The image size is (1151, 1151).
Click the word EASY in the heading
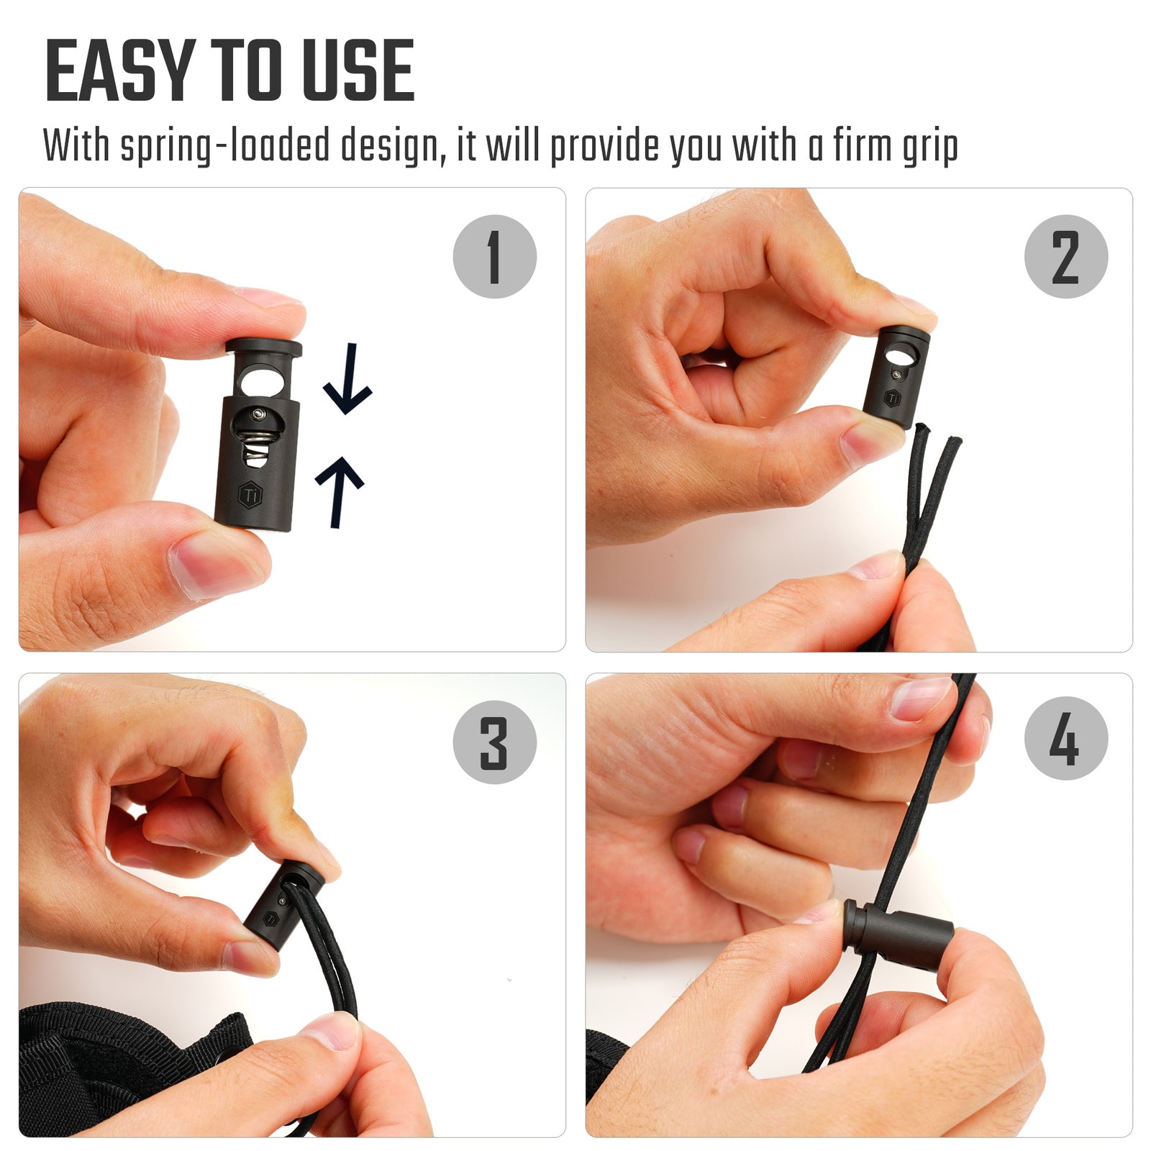tap(119, 71)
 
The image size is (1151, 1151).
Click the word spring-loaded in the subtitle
tap(225, 146)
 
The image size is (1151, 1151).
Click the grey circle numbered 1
tap(494, 257)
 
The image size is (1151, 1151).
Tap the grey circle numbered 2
tap(1065, 257)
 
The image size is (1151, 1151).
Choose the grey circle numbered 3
tap(494, 742)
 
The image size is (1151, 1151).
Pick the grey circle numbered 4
tap(1065, 739)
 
